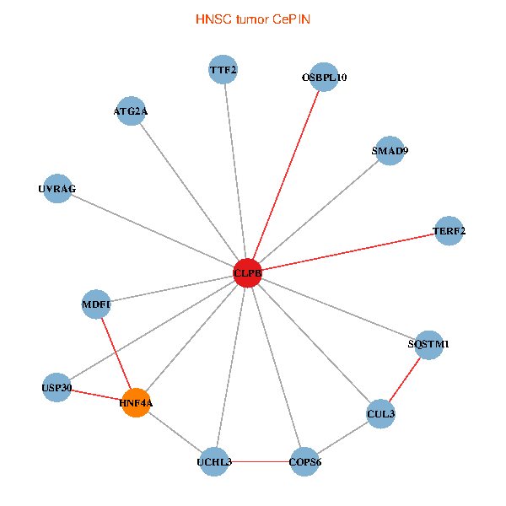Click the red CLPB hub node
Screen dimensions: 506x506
247,273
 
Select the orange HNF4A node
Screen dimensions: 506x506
136,403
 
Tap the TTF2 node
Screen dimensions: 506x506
223,69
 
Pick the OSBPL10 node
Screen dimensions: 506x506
324,78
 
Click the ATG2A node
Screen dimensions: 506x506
131,111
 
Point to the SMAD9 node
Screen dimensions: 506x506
390,151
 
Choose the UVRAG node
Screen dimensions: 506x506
57,189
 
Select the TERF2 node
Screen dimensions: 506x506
449,230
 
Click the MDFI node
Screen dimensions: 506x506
96,304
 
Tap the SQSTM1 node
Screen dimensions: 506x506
428,344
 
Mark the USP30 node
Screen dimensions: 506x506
57,387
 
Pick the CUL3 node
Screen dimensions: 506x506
381,413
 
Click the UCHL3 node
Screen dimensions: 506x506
214,461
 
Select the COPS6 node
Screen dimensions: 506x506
304,461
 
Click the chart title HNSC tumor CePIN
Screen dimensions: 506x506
252,19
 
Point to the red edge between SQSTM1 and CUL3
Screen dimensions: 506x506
405,379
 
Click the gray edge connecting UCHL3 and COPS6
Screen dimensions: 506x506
259,461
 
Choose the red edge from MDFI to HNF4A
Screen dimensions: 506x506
116,353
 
